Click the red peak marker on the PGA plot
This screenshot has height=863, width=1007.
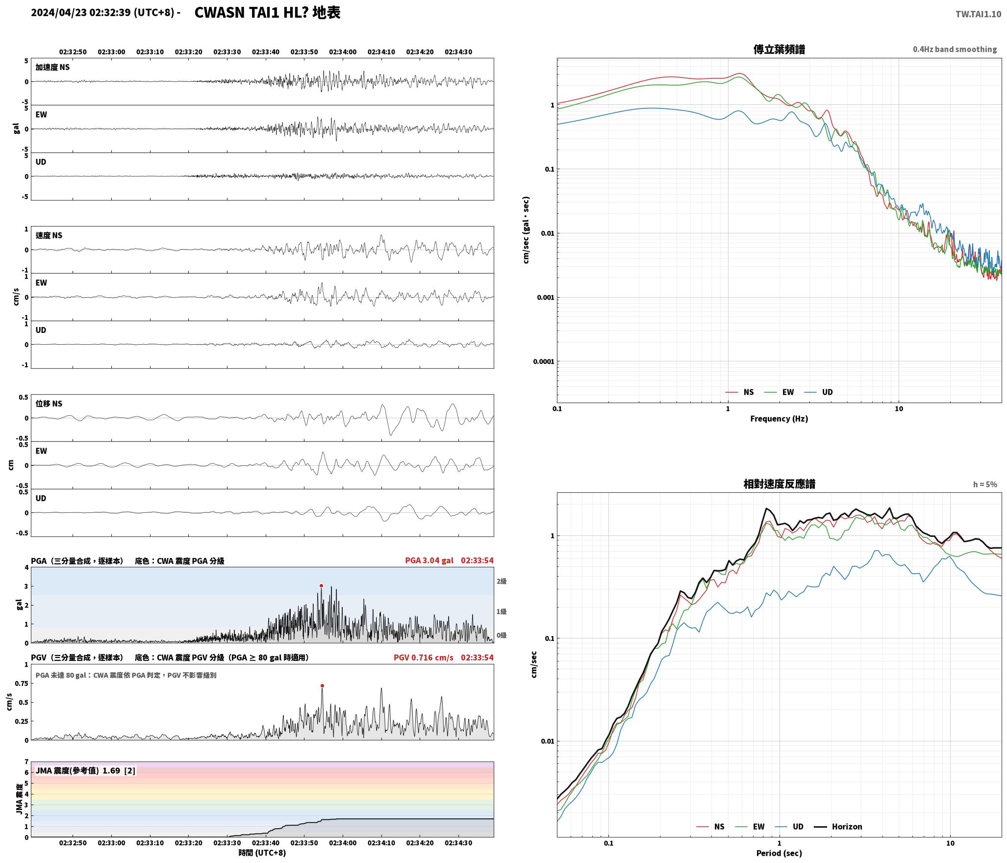pyautogui.click(x=321, y=585)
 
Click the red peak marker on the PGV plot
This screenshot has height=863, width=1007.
pyautogui.click(x=322, y=685)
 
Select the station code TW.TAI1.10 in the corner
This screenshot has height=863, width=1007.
pyautogui.click(x=978, y=14)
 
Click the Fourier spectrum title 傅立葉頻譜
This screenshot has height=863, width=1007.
pyautogui.click(x=779, y=49)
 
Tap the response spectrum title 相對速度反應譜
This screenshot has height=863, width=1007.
pyautogui.click(x=779, y=484)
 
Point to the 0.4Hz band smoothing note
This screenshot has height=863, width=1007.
pyautogui.click(x=955, y=50)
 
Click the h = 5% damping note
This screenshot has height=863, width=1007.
pyautogui.click(x=985, y=484)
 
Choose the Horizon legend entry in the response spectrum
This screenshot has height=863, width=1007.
pyautogui.click(x=838, y=826)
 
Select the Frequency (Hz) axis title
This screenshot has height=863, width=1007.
pyautogui.click(x=779, y=419)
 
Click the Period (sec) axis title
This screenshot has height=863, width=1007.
pyautogui.click(x=779, y=853)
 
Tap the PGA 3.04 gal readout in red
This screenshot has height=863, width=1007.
pyautogui.click(x=429, y=560)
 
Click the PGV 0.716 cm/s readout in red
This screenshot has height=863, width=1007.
pyautogui.click(x=424, y=658)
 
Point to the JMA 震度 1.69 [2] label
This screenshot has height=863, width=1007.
pyautogui.click(x=85, y=771)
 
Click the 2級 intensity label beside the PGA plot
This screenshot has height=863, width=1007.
pyautogui.click(x=502, y=582)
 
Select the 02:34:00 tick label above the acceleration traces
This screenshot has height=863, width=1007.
pyautogui.click(x=343, y=52)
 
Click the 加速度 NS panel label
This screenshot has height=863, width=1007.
pyautogui.click(x=52, y=67)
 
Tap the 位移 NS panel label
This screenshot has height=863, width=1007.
pyautogui.click(x=49, y=404)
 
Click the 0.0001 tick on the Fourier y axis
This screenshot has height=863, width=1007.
pyautogui.click(x=544, y=362)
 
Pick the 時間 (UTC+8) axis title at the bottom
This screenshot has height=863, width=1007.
pyautogui.click(x=262, y=853)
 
